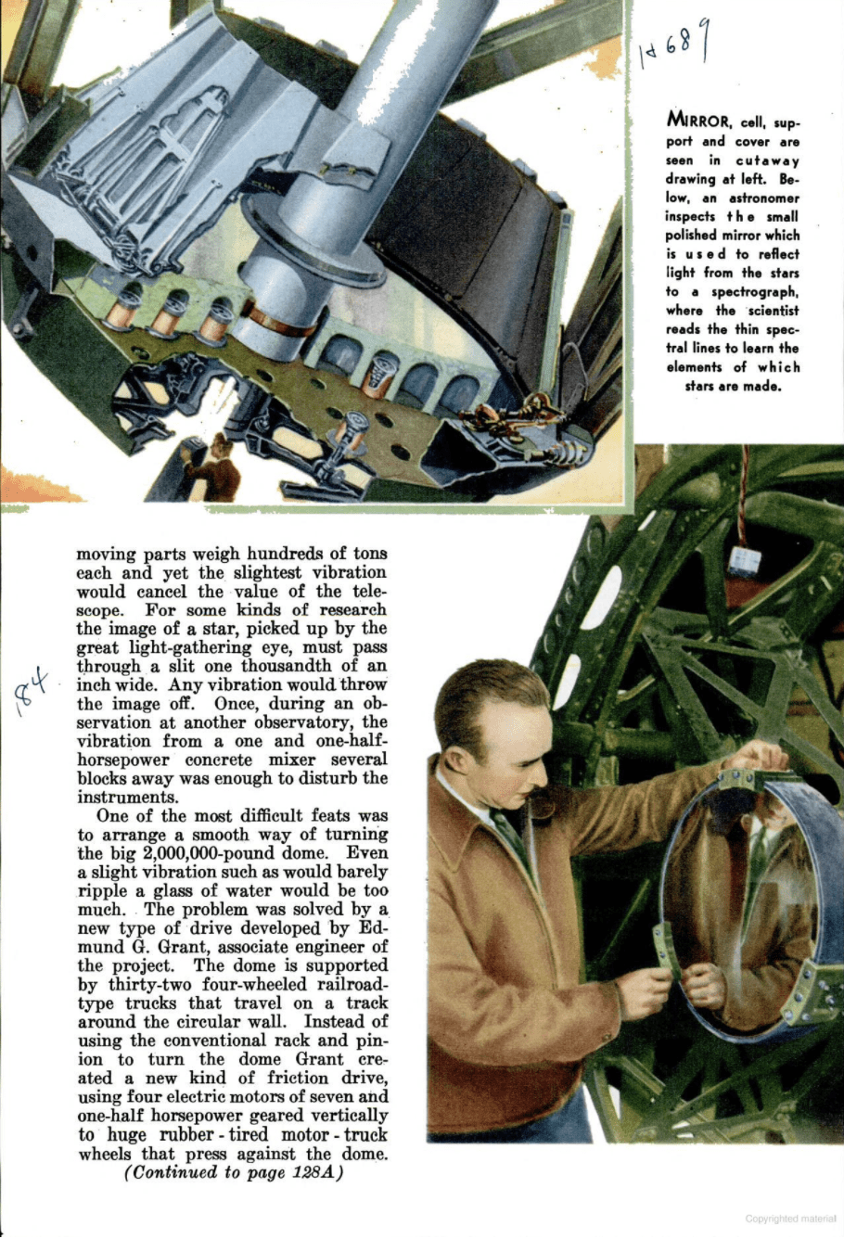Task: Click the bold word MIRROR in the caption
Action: coord(697,121)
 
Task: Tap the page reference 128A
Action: coord(313,1173)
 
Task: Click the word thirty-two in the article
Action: coord(144,985)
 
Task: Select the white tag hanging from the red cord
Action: coord(744,559)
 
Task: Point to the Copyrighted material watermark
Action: coord(789,1218)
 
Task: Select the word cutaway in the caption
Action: coord(768,160)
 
